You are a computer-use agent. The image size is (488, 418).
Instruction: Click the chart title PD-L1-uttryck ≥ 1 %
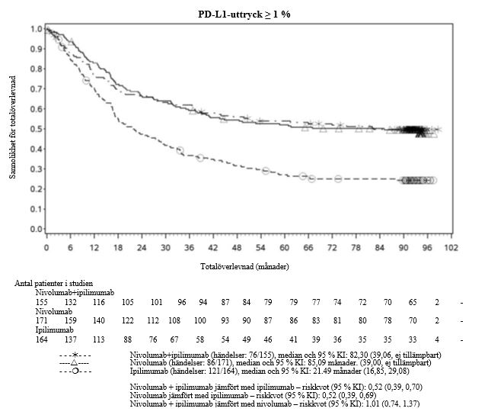tap(243, 14)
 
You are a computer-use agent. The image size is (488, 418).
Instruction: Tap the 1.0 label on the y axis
tap(34, 29)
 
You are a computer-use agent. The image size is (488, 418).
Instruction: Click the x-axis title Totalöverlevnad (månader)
tap(244, 267)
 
